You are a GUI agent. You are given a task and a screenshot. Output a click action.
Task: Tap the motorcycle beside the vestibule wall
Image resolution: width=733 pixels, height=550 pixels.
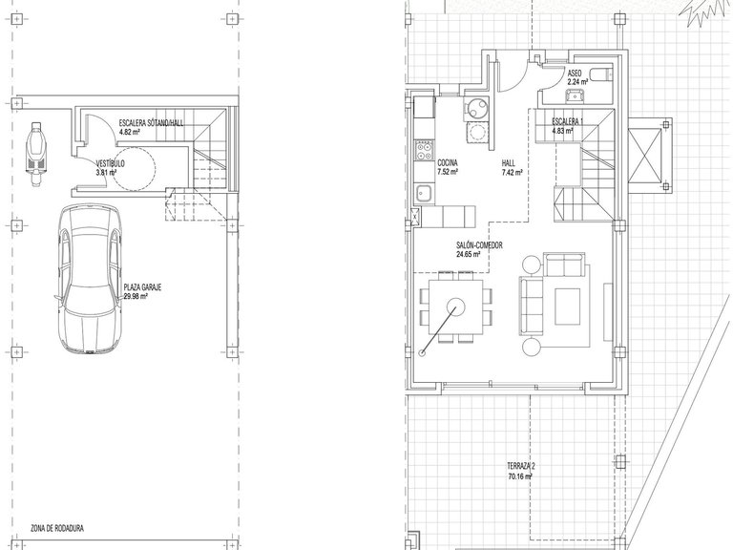coord(35,153)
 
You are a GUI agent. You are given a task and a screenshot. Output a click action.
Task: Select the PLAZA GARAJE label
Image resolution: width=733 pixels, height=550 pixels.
coord(144,287)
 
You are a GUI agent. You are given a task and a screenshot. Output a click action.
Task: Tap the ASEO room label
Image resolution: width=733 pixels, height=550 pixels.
coord(575,73)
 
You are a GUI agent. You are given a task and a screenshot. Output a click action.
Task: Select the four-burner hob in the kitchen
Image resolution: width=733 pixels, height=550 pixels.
coord(422,151)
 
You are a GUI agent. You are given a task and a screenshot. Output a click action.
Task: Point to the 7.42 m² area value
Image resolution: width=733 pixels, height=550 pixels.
coord(513,174)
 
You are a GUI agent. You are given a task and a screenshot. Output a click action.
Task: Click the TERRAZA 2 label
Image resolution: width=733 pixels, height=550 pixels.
coord(521,465)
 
